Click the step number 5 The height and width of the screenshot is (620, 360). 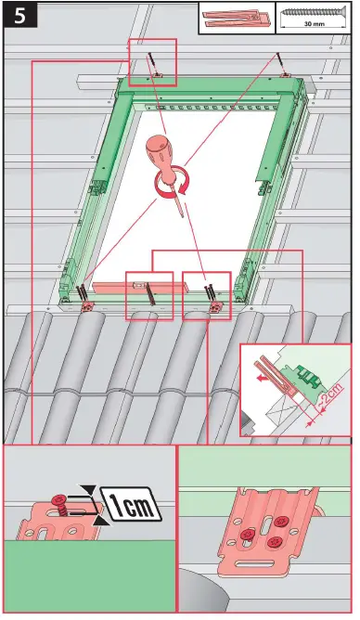tap(18, 16)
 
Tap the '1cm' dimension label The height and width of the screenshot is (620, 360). tap(130, 506)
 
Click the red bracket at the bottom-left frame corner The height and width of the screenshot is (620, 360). tap(87, 305)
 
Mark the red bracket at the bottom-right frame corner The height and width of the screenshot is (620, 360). tap(215, 306)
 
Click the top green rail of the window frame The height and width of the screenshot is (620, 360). tap(213, 90)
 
